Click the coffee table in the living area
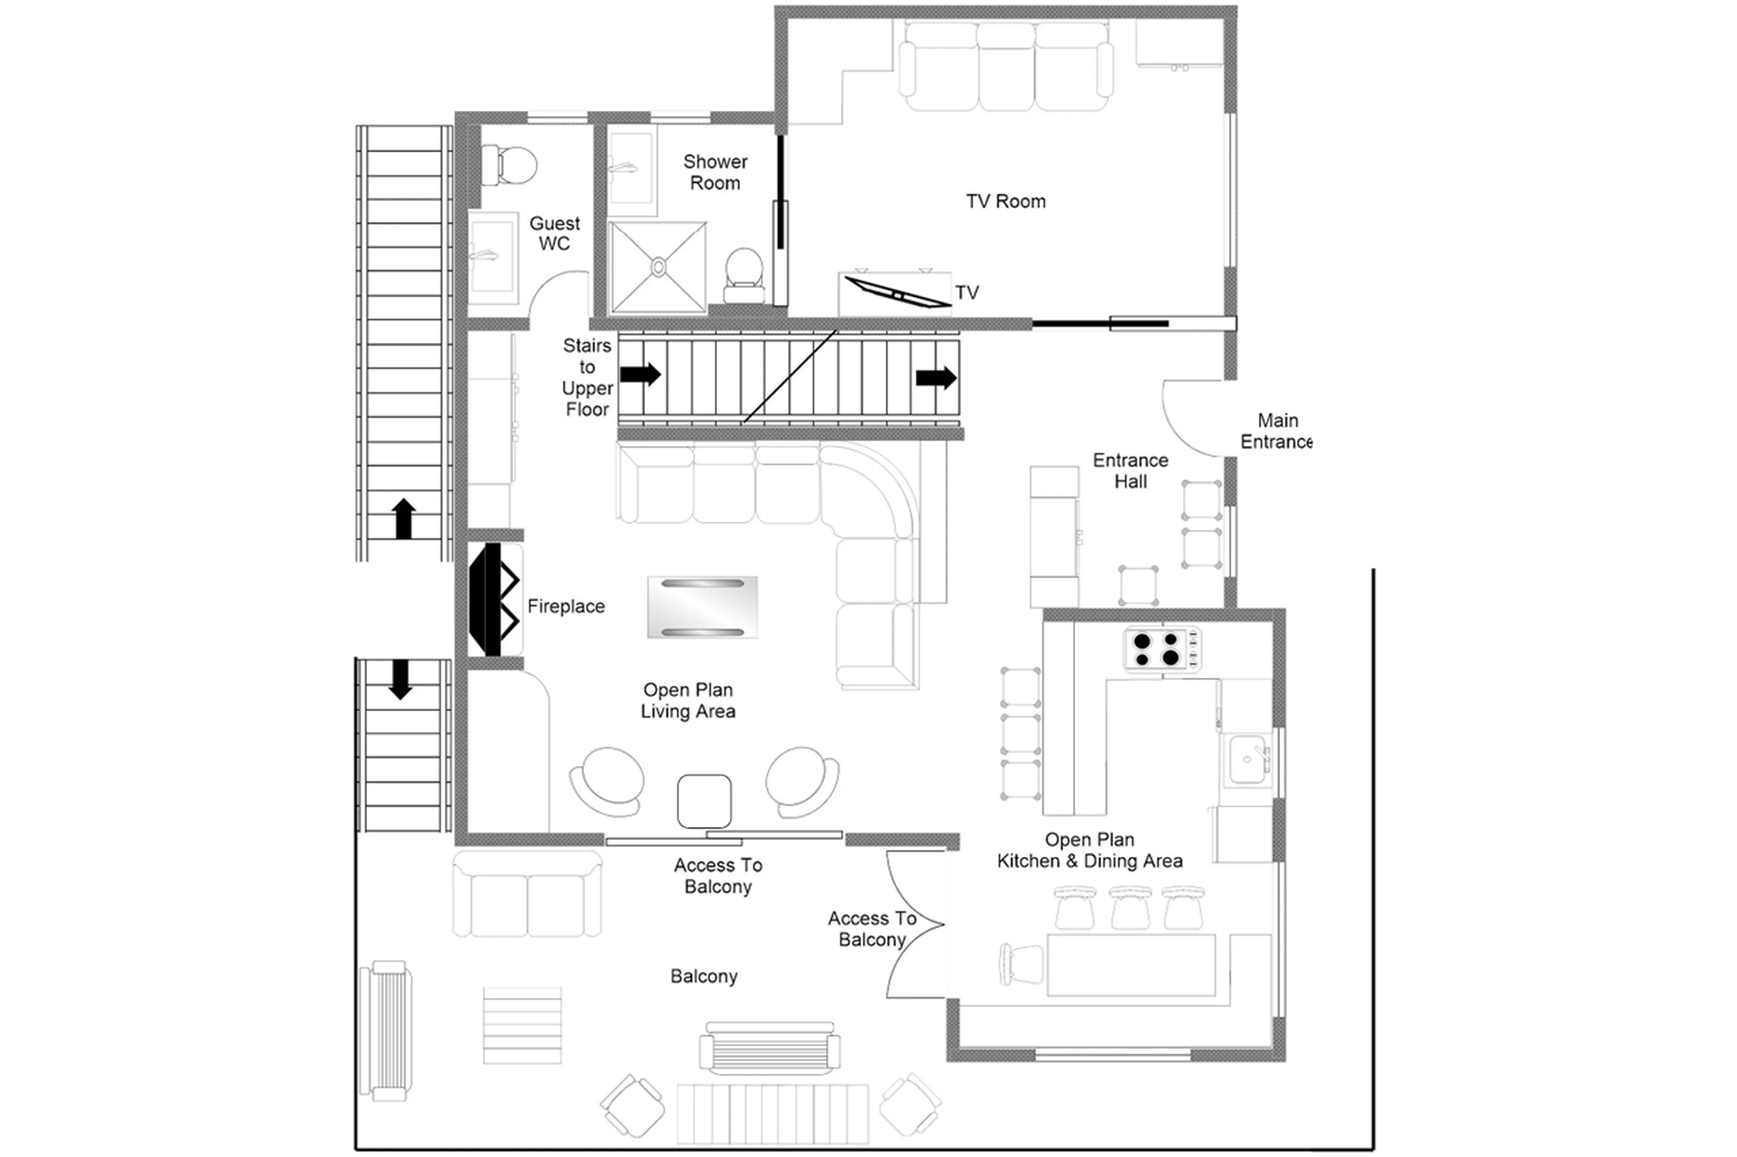click(x=702, y=607)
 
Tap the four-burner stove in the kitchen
click(x=1161, y=649)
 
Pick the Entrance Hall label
click(x=1130, y=471)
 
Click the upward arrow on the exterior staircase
click(x=403, y=518)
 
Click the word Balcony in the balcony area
click(x=703, y=976)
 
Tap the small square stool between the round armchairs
click(x=704, y=801)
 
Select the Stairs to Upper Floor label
click(x=587, y=377)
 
